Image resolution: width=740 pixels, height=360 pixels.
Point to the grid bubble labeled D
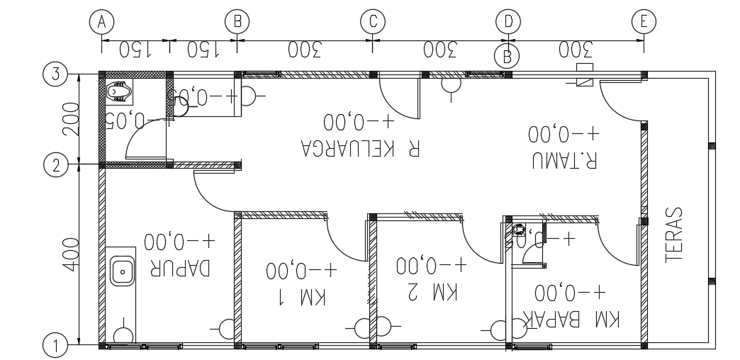508,21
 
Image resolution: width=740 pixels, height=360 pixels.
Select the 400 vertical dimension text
69,255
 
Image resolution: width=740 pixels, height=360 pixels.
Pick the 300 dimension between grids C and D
440,50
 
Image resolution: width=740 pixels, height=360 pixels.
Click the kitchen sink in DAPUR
123,270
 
